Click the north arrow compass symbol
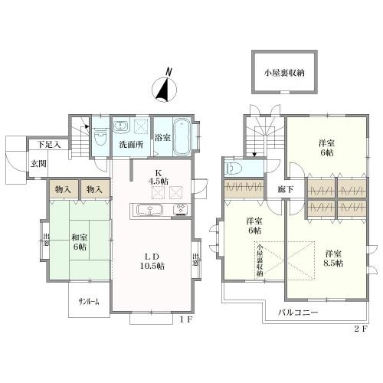[x=164, y=89]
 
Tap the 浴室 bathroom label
[x=162, y=138]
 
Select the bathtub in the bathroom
[x=182, y=136]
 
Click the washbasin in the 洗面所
[x=120, y=126]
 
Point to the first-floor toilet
[x=100, y=136]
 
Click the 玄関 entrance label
[x=38, y=163]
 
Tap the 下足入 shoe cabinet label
[x=49, y=145]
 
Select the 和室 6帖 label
[x=80, y=242]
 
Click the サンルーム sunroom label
[x=89, y=303]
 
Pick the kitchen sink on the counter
[x=149, y=211]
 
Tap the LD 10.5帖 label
[x=152, y=261]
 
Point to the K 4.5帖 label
[x=159, y=177]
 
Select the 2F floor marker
[x=360, y=329]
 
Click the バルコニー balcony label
[x=298, y=313]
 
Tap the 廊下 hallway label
[x=286, y=189]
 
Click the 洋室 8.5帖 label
[x=333, y=259]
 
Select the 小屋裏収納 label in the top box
[x=284, y=73]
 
